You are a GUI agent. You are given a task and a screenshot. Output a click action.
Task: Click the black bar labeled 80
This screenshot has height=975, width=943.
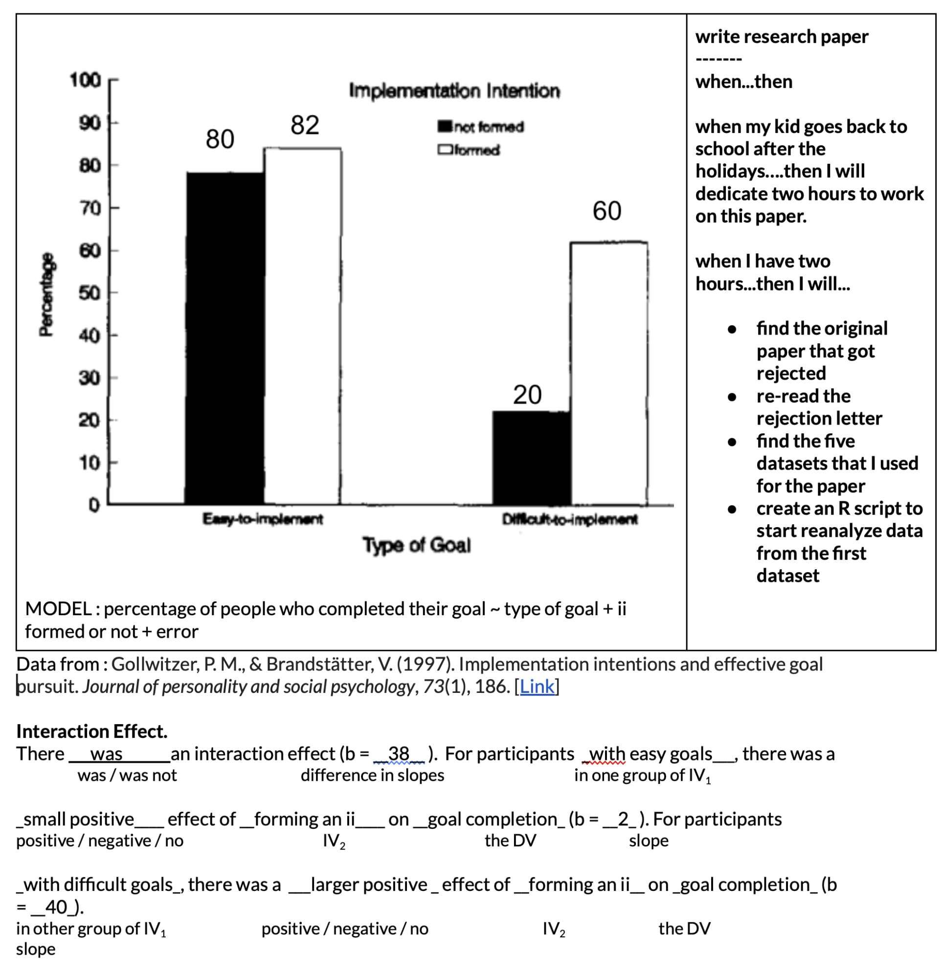(x=225, y=338)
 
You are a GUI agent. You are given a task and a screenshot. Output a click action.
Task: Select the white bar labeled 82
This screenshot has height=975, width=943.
(x=303, y=326)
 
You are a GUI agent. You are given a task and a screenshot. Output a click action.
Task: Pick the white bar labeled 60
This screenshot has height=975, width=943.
(x=608, y=373)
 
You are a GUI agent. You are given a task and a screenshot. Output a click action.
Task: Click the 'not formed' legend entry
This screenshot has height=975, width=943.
(x=481, y=127)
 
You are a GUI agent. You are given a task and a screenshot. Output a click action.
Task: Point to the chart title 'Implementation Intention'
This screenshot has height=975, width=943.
(x=454, y=91)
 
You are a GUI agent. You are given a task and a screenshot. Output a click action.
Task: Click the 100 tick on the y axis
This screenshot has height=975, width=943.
(x=85, y=80)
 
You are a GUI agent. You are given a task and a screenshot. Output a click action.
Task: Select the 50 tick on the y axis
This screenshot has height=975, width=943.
(x=90, y=293)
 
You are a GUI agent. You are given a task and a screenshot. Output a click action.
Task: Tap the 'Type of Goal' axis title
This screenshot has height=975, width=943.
(x=416, y=545)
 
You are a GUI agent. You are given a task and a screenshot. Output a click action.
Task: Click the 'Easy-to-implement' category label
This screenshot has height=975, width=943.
(x=262, y=519)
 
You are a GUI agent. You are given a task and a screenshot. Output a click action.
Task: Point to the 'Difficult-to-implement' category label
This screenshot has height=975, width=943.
(x=569, y=519)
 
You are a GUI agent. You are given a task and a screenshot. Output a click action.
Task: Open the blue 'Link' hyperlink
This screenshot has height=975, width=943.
(x=537, y=687)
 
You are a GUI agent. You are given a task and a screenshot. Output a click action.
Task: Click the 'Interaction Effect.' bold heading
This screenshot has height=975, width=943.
(x=91, y=731)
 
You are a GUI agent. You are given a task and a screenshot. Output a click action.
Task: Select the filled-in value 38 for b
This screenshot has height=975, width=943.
(x=398, y=753)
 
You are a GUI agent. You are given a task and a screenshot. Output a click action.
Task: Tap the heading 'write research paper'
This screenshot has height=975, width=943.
(x=781, y=37)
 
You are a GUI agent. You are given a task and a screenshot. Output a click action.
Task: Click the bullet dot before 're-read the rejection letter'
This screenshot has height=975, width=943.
(x=732, y=397)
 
